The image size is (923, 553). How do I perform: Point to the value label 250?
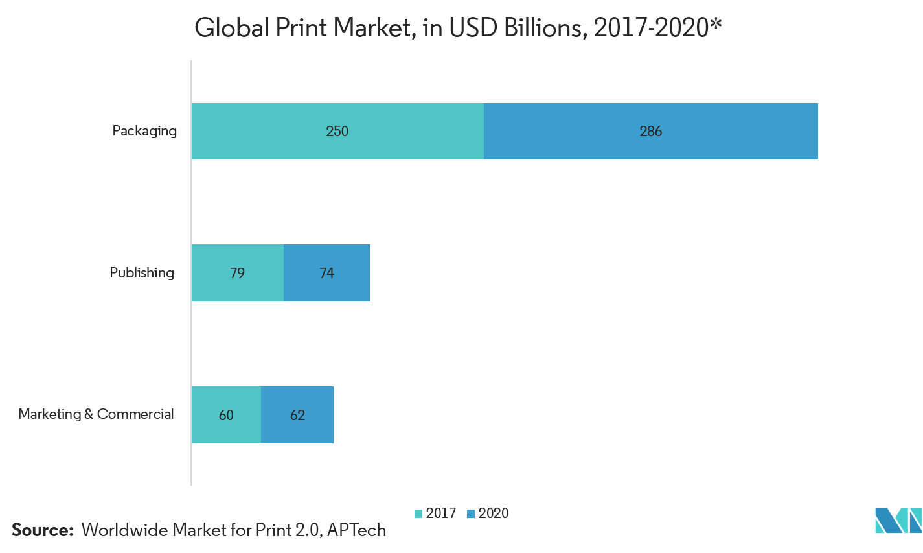337,132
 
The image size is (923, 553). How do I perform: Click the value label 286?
650,132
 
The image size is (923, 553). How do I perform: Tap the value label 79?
237,274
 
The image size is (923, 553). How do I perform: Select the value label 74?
326,274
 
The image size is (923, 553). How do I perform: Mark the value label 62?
297,416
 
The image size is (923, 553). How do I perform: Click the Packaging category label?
144,131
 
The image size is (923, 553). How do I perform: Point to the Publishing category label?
142,273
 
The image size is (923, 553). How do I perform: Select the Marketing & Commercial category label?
96,414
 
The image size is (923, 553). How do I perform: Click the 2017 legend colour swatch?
418,514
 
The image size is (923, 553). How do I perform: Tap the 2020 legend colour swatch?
471,514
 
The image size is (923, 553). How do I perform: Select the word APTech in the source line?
356,530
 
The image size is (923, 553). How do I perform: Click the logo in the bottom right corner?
898,520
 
